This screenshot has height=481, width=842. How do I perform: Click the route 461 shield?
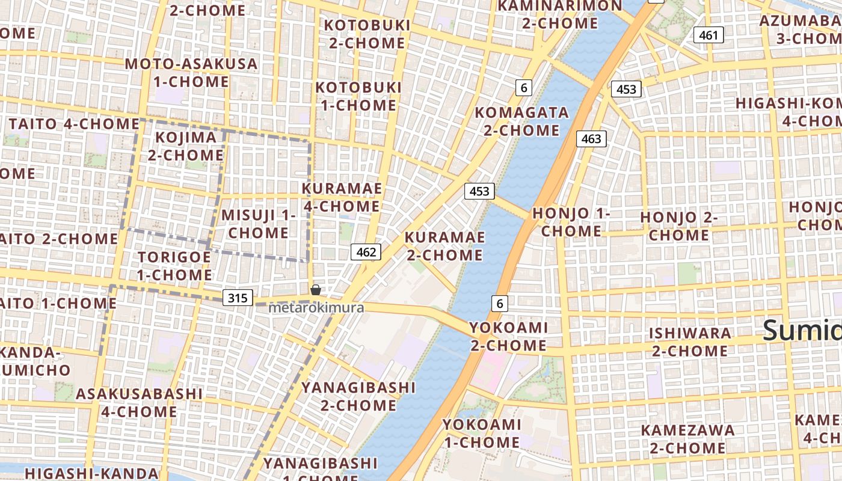pos(708,35)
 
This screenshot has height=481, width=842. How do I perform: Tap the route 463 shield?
pos(591,139)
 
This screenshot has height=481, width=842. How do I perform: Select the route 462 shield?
pos(366,252)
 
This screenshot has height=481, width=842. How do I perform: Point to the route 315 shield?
pos(238,298)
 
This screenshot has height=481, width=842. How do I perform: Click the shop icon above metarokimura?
pos(316,290)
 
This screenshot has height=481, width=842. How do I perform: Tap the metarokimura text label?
pos(316,308)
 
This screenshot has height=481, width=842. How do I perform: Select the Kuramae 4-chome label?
pos(342,197)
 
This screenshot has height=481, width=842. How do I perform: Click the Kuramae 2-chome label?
pos(444,246)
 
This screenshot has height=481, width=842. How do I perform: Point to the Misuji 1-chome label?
pos(259,224)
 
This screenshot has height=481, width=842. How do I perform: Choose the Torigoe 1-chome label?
pos(174,266)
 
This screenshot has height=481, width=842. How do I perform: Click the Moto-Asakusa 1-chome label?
pos(191,72)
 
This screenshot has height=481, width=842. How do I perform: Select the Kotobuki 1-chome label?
pos(358,96)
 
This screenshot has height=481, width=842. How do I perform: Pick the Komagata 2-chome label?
pos(521,121)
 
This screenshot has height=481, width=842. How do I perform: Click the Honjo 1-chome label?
pos(571,222)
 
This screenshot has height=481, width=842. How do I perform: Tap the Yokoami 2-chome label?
pos(508,337)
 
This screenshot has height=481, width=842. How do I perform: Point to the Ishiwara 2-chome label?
pos(690,342)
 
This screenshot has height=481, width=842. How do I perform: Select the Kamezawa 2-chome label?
pos(687,439)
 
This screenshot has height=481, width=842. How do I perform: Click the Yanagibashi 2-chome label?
pos(358,396)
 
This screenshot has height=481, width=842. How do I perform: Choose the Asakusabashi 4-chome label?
pos(139,403)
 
